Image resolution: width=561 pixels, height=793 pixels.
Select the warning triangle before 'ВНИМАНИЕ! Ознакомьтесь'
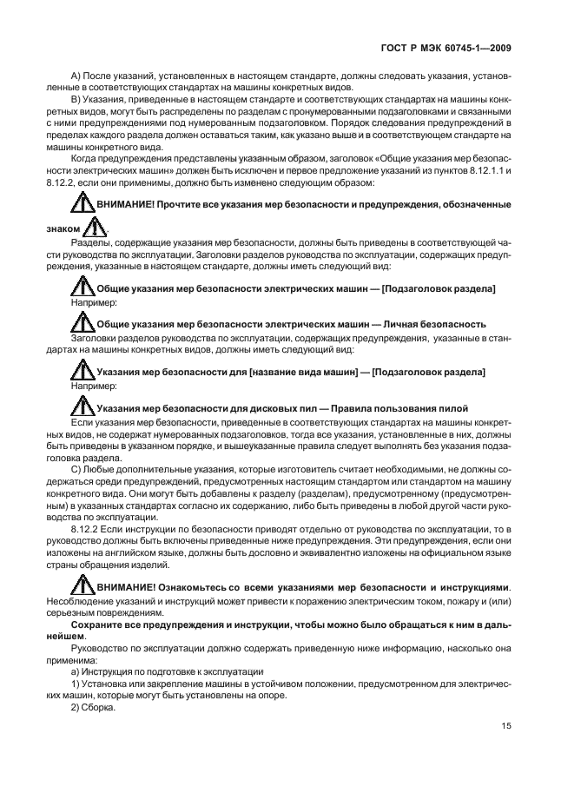click(82, 585)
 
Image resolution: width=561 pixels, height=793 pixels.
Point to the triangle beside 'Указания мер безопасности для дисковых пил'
click(82, 406)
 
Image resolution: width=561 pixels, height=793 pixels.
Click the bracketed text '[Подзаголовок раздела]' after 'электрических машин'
click(439, 287)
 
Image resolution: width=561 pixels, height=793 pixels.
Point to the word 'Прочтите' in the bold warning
click(178, 204)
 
